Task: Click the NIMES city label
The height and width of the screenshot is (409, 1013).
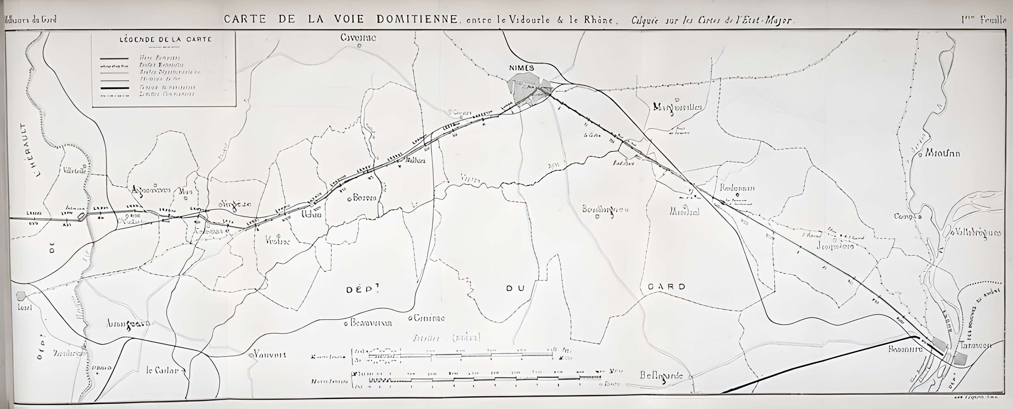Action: tap(522, 68)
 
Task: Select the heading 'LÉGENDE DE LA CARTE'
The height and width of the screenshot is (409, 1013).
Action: tap(166, 39)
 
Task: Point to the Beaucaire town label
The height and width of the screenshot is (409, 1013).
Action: tap(905, 349)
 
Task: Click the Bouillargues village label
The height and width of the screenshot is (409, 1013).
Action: tap(605, 210)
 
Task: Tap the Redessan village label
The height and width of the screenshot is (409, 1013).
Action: tap(737, 188)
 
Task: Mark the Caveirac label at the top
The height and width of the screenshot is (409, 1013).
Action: tap(358, 38)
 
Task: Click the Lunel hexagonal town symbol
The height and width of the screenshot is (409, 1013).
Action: tap(21, 295)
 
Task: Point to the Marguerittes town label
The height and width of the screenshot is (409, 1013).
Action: tap(677, 107)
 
